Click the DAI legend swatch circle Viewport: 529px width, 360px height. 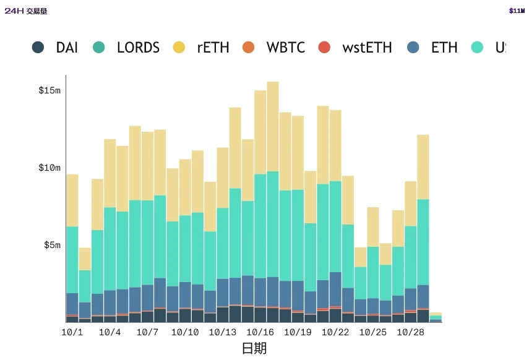tap(38, 47)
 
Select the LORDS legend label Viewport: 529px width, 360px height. tap(138, 48)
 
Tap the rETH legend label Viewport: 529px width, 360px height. tap(213, 48)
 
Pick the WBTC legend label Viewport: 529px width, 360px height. tap(285, 48)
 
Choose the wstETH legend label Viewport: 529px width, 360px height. tap(367, 48)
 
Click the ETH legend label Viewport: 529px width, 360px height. tap(444, 48)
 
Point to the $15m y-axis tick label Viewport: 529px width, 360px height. tap(49, 91)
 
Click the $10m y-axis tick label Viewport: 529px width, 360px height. tap(49, 168)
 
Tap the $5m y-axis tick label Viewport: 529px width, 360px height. tap(52, 246)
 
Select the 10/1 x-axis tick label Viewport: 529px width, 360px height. tap(72, 332)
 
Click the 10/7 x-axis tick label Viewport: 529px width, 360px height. tap(147, 332)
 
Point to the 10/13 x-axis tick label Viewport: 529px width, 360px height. tap(223, 332)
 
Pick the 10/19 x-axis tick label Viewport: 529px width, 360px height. tap(298, 332)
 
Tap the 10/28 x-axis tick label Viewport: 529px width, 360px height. tap(410, 332)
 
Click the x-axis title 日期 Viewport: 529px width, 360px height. tap(254, 348)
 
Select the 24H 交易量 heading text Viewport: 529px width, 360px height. tap(25, 11)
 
